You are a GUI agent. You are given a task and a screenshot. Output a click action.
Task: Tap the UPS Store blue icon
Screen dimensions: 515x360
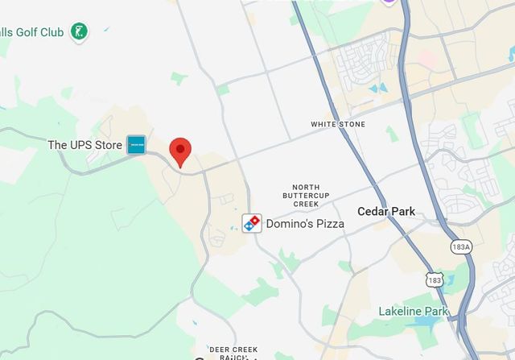[x=136, y=145]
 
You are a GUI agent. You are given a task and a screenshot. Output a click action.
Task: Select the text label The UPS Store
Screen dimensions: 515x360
[x=84, y=145]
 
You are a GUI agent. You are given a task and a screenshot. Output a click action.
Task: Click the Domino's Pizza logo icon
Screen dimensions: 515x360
[x=252, y=223]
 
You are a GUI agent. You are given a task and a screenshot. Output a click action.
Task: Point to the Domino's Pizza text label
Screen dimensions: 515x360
[x=305, y=223]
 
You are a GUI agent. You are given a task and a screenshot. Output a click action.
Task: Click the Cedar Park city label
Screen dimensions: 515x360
[x=386, y=212]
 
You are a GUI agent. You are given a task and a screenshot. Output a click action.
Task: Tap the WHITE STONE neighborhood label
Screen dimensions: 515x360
[x=338, y=124]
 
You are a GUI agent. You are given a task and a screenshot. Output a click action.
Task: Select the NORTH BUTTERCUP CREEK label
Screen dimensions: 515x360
[x=306, y=195]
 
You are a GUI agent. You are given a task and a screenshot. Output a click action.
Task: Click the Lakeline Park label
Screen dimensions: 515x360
[x=414, y=311]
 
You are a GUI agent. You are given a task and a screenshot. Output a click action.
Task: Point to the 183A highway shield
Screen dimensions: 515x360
[x=461, y=246]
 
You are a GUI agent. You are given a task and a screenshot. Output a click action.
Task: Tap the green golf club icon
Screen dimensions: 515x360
[x=79, y=32]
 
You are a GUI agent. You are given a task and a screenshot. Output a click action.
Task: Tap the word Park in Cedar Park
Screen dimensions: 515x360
[x=402, y=212]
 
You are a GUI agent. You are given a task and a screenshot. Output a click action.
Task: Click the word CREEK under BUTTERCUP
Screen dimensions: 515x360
[x=306, y=204]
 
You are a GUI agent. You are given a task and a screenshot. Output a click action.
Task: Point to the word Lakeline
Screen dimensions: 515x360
[x=400, y=311]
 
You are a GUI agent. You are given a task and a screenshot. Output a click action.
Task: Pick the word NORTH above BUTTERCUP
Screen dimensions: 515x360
[x=306, y=186]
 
